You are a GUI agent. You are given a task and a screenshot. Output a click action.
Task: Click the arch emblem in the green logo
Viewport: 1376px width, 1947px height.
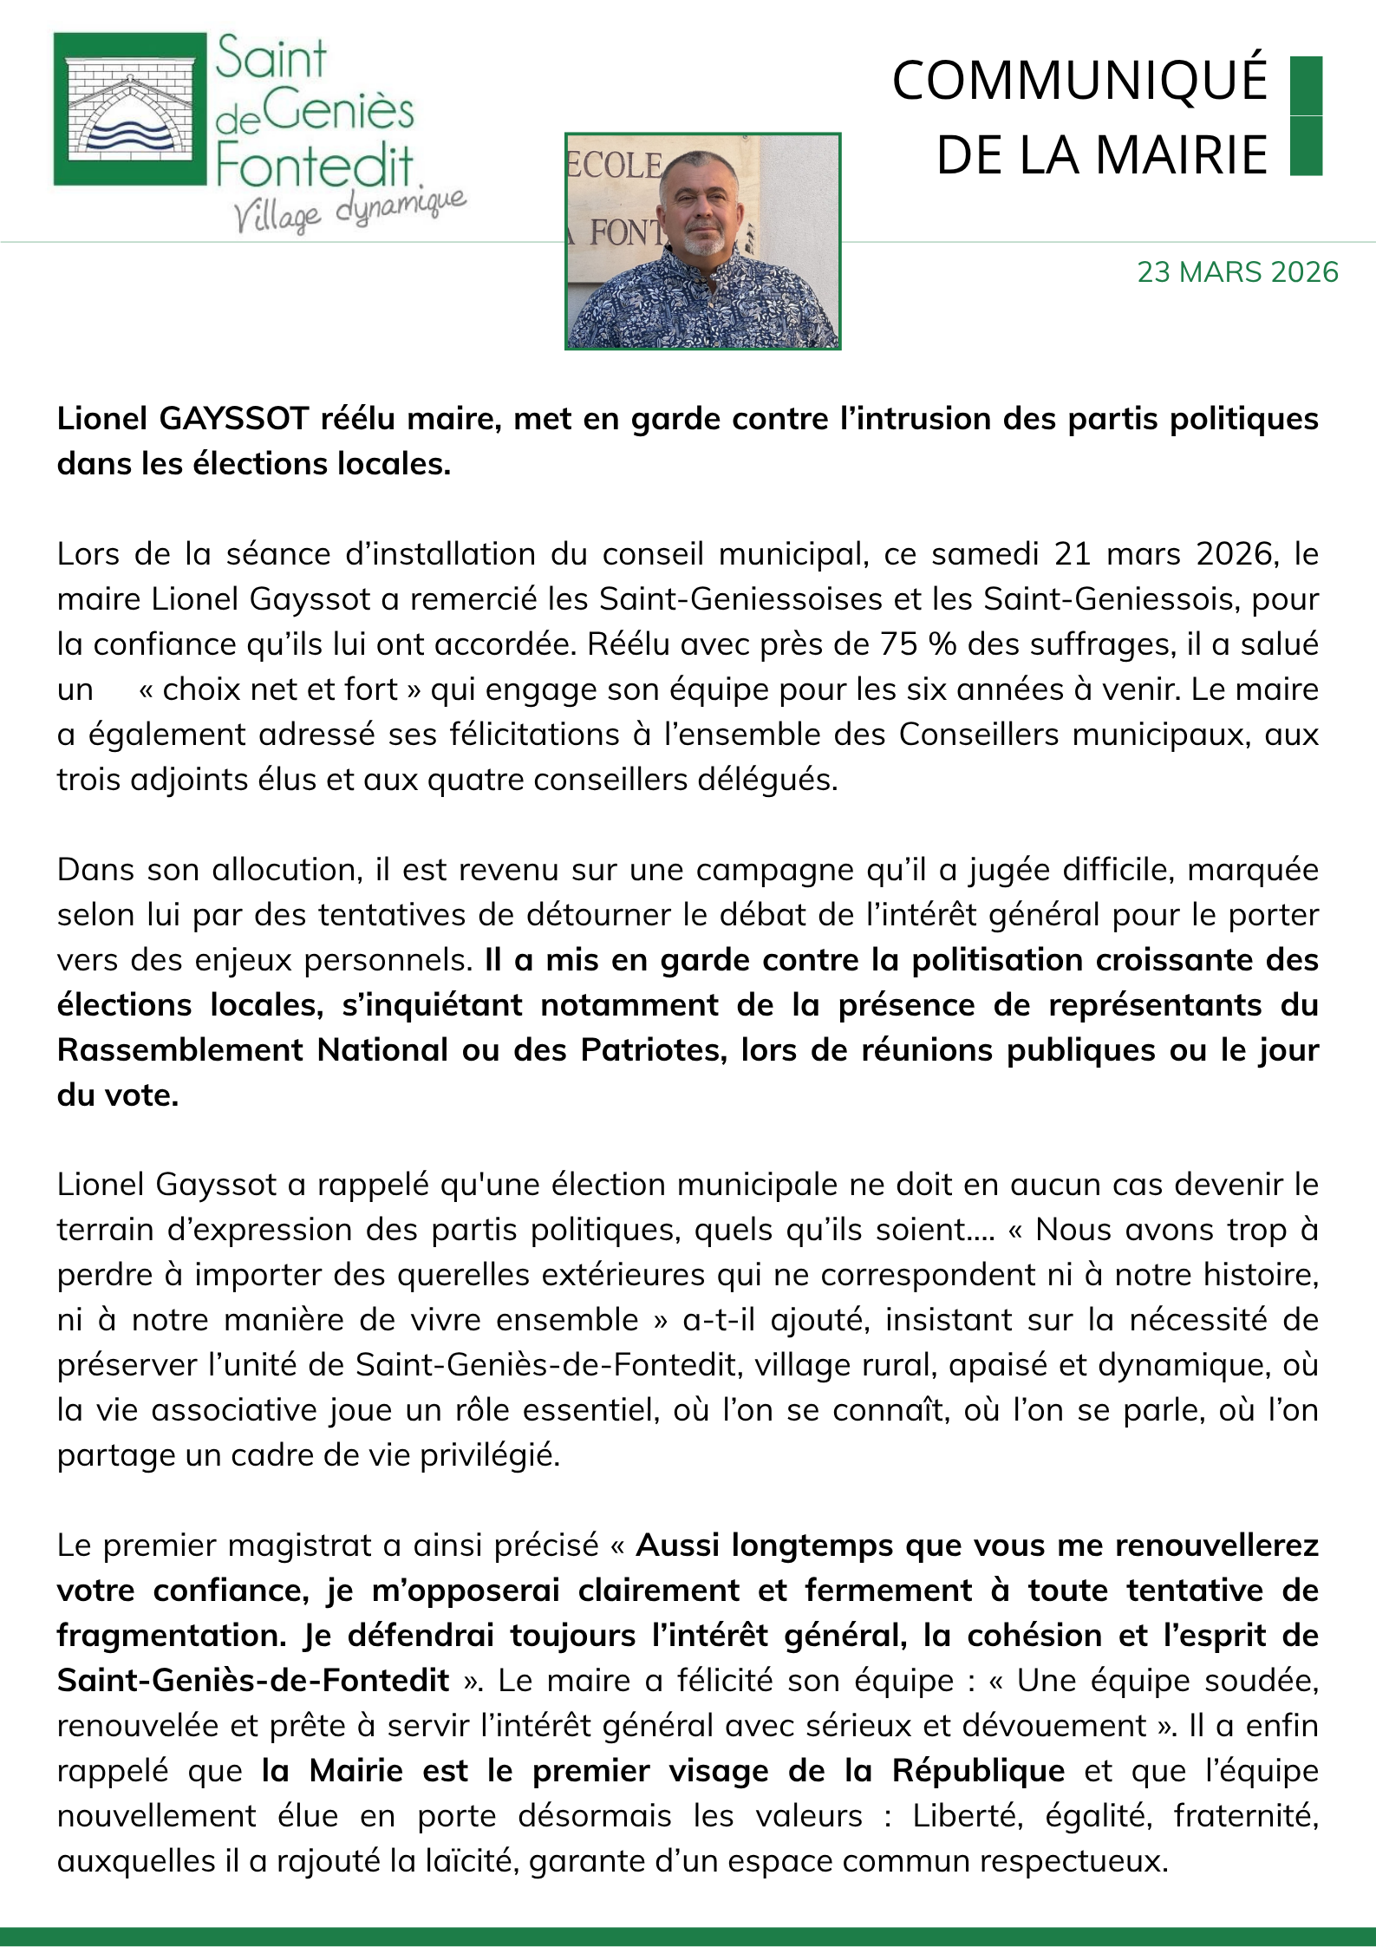[x=129, y=110]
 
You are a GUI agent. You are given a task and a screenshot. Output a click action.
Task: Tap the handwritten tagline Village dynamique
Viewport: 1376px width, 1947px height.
[x=349, y=211]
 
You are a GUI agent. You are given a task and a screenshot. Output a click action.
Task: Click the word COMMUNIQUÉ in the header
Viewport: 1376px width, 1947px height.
[x=1079, y=81]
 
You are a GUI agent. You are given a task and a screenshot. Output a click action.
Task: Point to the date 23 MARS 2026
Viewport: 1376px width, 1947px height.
[x=1237, y=272]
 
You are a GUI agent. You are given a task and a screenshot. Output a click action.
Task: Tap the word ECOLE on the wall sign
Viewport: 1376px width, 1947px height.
[x=614, y=166]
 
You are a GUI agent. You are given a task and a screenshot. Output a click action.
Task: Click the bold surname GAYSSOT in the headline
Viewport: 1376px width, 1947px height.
[x=234, y=419]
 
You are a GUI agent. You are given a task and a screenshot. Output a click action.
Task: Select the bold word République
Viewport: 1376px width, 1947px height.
[x=978, y=1771]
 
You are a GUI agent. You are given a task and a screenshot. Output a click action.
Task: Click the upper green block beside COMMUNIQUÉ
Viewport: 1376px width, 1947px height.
[x=1306, y=85]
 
